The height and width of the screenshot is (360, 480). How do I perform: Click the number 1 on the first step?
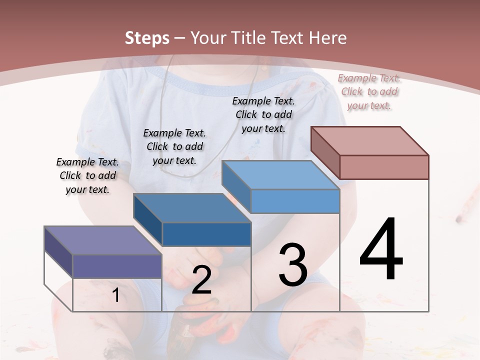pyautogui.click(x=116, y=295)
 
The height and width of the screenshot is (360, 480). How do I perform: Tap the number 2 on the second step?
pyautogui.click(x=201, y=280)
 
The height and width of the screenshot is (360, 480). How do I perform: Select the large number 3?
pyautogui.click(x=292, y=265)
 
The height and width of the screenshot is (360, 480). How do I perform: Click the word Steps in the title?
pyautogui.click(x=147, y=38)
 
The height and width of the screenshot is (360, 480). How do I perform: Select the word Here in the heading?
pyautogui.click(x=328, y=38)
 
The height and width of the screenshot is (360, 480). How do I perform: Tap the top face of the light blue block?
pyautogui.click(x=280, y=175)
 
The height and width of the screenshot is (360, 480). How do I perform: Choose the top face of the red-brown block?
pyautogui.click(x=370, y=141)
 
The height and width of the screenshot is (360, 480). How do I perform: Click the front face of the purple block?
pyautogui.click(x=117, y=266)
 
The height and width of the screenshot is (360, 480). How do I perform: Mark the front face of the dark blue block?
pyautogui.click(x=206, y=234)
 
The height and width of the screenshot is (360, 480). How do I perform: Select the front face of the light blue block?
pyautogui.click(x=295, y=201)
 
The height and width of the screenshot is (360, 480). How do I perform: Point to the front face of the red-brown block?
pyautogui.click(x=384, y=167)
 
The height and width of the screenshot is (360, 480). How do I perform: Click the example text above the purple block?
pyautogui.click(x=87, y=175)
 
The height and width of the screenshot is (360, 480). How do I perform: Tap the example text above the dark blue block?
pyautogui.click(x=174, y=146)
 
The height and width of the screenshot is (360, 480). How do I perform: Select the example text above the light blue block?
pyautogui.click(x=263, y=114)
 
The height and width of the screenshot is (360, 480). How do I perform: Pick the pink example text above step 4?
pyautogui.click(x=369, y=91)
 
